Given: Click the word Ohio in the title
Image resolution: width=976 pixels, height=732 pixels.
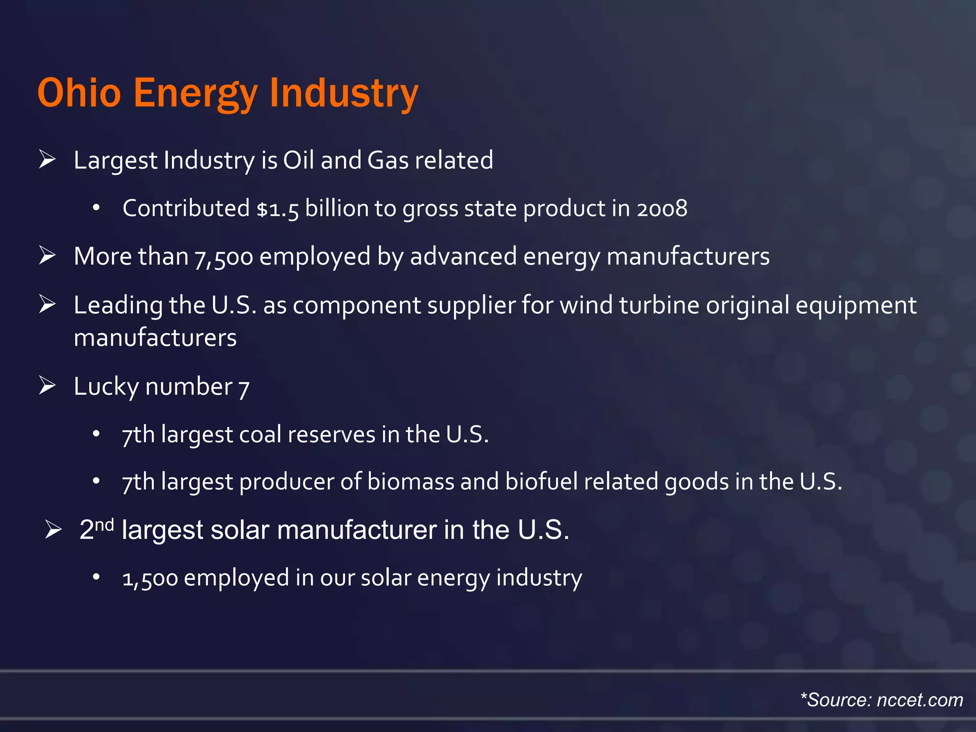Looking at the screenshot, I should coord(79,92).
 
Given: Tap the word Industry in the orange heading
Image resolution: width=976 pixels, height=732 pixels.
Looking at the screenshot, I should coord(344,92).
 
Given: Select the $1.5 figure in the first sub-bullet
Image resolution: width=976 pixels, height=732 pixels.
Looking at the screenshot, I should coord(277,209).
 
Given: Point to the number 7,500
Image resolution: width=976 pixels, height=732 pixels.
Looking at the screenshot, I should coord(224,257).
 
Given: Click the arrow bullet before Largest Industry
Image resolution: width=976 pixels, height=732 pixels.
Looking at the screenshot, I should coord(48,159).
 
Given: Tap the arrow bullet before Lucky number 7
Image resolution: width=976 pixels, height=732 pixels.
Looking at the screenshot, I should coord(48,385).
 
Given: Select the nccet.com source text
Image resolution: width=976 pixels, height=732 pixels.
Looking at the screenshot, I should coord(920,700).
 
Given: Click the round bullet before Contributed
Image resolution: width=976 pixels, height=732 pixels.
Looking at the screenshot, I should coord(96,208).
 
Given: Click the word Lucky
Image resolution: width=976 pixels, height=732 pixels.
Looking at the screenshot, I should coord(106,386).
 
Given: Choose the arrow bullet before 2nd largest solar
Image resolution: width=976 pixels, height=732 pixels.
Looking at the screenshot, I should coord(53,529).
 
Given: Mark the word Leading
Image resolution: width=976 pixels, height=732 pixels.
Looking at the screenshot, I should coord(118,306).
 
